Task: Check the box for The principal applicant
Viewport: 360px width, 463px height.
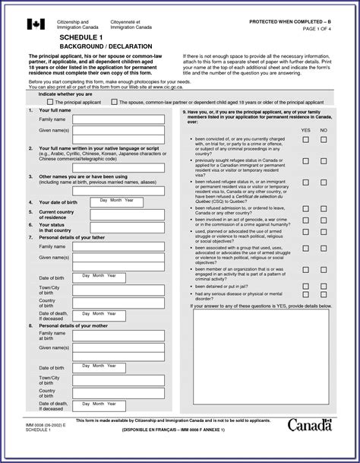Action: click(50, 101)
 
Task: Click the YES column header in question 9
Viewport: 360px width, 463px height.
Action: click(305, 131)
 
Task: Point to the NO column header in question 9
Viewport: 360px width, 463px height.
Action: click(324, 131)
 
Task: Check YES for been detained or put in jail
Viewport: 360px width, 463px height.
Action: click(305, 286)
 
